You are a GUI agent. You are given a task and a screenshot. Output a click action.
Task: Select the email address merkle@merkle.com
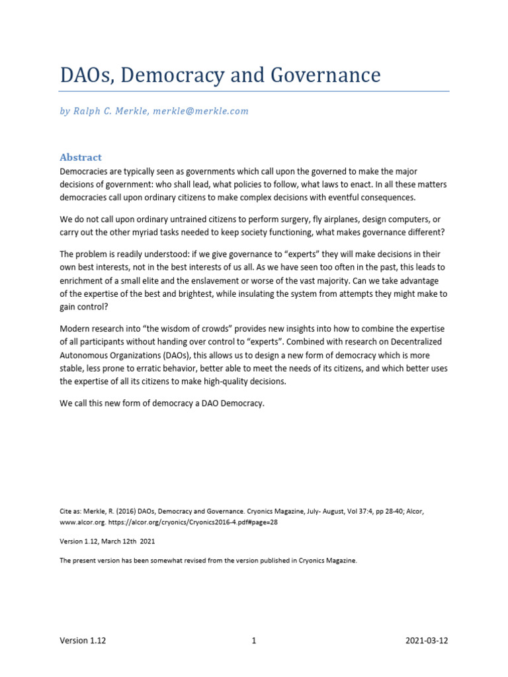(200, 111)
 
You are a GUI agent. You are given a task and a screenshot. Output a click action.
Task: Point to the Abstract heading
(81, 157)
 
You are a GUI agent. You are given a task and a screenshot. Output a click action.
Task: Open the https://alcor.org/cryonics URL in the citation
(171, 520)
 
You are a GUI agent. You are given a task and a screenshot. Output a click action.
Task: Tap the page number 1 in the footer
(254, 641)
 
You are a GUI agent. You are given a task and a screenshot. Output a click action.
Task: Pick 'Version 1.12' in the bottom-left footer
(83, 641)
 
